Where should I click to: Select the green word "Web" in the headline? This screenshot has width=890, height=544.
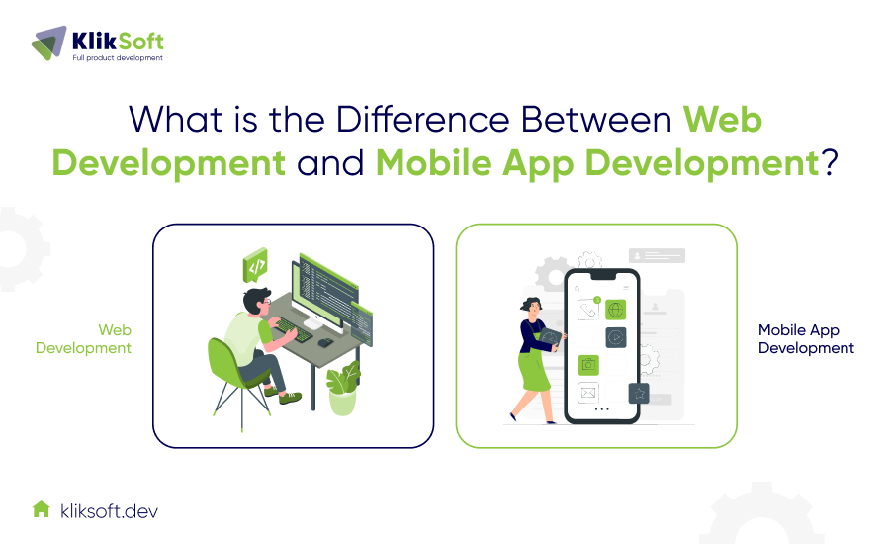(x=723, y=120)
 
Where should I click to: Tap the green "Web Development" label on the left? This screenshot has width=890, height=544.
(x=84, y=339)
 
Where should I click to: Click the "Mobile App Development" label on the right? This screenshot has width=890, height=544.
(x=806, y=339)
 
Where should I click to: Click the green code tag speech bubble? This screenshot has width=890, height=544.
(x=256, y=265)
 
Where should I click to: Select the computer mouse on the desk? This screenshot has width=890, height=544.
(x=324, y=341)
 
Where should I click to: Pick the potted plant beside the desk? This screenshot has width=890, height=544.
(x=343, y=389)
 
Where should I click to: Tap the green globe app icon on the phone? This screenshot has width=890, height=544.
(x=616, y=311)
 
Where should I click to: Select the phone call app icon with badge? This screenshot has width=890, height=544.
(x=590, y=311)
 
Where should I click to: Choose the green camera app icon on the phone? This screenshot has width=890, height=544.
(x=590, y=364)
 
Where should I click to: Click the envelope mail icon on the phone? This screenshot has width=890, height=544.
(x=590, y=393)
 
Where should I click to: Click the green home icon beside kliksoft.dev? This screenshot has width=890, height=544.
(x=41, y=509)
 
